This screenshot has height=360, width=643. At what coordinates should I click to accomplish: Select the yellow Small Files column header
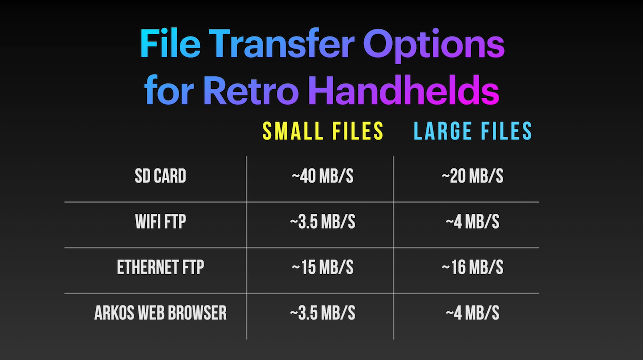point(323,131)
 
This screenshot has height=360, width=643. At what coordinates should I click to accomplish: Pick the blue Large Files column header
point(473,131)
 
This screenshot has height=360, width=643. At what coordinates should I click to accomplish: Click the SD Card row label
point(160,176)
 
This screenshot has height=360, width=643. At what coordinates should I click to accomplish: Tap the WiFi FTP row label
point(160,222)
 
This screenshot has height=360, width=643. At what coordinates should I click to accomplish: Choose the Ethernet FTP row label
point(160,267)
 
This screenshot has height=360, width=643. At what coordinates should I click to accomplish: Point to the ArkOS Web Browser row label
point(160,313)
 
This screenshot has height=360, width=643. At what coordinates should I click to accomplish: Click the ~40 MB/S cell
point(322,176)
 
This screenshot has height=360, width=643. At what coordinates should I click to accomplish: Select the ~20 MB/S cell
point(472,176)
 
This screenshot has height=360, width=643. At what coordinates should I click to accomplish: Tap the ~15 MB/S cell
point(322,267)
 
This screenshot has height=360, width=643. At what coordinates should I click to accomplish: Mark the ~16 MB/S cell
point(472,267)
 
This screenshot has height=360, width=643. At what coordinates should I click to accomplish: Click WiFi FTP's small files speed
point(322,222)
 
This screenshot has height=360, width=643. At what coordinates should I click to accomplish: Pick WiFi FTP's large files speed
point(472,222)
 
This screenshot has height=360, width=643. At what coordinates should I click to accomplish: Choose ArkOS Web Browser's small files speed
point(322,313)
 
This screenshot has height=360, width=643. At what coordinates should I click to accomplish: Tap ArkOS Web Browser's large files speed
point(472,313)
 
